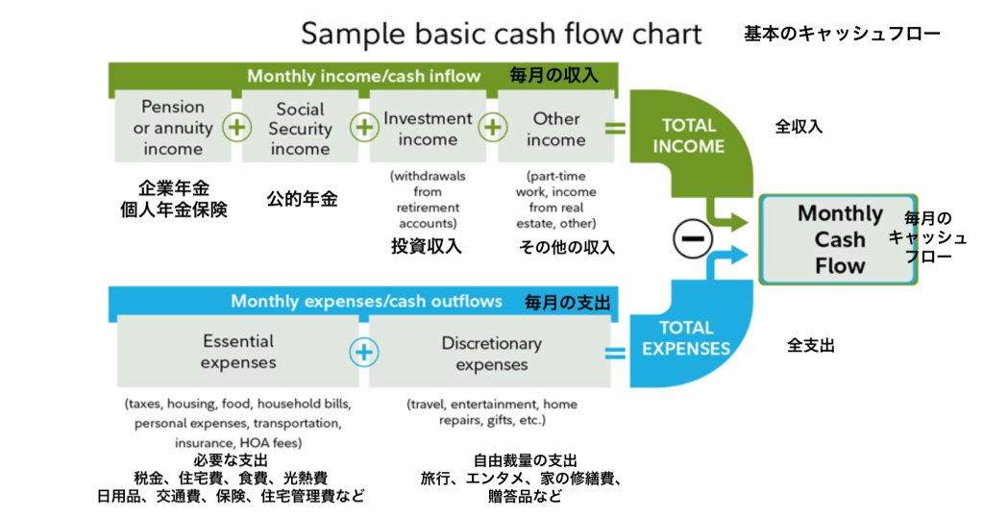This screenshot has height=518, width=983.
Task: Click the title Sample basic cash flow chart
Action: click(x=502, y=35)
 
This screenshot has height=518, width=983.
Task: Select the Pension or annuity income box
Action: click(x=173, y=128)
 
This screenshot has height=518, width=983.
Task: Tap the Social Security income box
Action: click(x=300, y=128)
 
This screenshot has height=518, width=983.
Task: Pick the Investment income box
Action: click(x=428, y=128)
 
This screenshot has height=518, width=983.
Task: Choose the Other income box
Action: click(x=555, y=128)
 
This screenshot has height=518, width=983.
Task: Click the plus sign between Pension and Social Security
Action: click(x=236, y=127)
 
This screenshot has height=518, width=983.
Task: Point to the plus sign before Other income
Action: click(x=492, y=127)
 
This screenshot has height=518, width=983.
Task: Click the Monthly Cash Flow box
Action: click(x=839, y=239)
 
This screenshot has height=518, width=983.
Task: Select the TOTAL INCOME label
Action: click(x=688, y=136)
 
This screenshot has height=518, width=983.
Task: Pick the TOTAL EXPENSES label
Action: click(x=686, y=338)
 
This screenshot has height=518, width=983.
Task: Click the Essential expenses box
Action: click(x=238, y=352)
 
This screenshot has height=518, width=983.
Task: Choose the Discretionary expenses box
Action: click(x=490, y=353)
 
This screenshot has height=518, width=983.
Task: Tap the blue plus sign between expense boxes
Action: click(x=363, y=353)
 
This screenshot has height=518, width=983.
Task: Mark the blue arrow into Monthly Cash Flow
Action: click(x=734, y=256)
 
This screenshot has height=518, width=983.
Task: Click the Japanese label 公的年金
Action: click(x=302, y=200)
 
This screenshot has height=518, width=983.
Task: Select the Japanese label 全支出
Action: click(x=810, y=345)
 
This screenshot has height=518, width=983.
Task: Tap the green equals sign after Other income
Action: click(x=615, y=128)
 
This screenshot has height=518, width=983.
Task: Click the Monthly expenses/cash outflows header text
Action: click(x=366, y=302)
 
